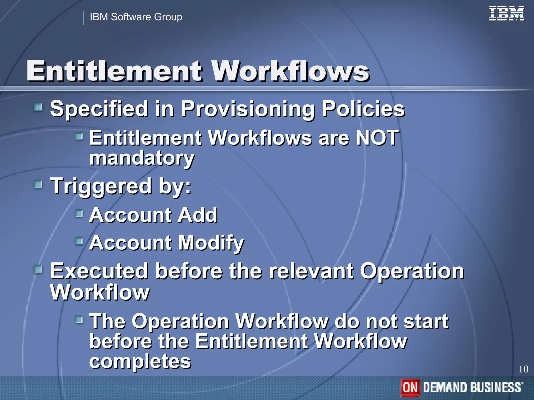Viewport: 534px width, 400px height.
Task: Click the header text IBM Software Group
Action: pyautogui.click(x=136, y=17)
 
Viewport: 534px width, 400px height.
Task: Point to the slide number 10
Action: pyautogui.click(x=523, y=369)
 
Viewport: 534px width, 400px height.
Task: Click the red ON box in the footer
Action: pyautogui.click(x=410, y=387)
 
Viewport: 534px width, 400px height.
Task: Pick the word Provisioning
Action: pyautogui.click(x=248, y=109)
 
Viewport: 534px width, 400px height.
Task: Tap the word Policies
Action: pyautogui.click(x=363, y=109)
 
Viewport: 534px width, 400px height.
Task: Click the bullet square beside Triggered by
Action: pyautogui.click(x=38, y=185)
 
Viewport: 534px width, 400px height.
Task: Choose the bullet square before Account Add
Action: pyautogui.click(x=79, y=214)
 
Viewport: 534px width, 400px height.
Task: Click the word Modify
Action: pyautogui.click(x=211, y=243)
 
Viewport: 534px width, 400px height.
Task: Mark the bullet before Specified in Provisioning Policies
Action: pyautogui.click(x=38, y=107)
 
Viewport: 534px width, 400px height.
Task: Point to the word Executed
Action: pyautogui.click(x=99, y=271)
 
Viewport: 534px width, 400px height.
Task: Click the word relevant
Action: pyautogui.click(x=311, y=271)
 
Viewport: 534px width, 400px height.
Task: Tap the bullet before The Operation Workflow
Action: pyautogui.click(x=79, y=320)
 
